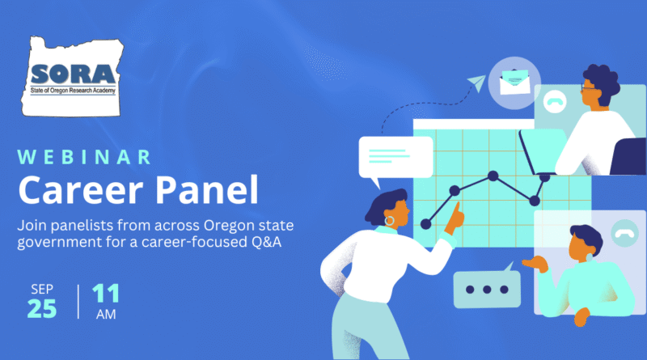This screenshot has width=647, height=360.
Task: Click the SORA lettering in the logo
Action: point(73,74)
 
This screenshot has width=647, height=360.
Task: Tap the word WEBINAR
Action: point(85,157)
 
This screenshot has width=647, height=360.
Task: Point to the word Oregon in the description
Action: point(229,227)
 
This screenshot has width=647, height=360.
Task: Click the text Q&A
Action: point(267,242)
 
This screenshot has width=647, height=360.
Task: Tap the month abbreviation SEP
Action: point(42,289)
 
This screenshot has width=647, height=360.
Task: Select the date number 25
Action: point(42,308)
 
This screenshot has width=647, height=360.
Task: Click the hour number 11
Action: point(106,293)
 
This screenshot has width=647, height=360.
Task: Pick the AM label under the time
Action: point(106,315)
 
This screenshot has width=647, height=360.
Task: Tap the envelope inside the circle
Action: point(514,82)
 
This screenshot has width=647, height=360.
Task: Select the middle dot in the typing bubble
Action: point(487,290)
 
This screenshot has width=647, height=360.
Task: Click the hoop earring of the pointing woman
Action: point(389,221)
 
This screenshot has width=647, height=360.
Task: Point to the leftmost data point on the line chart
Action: point(426,224)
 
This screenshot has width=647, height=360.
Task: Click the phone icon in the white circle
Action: point(555,102)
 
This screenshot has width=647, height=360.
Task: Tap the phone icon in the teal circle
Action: point(624,234)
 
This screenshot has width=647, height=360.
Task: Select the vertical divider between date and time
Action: point(78,302)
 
